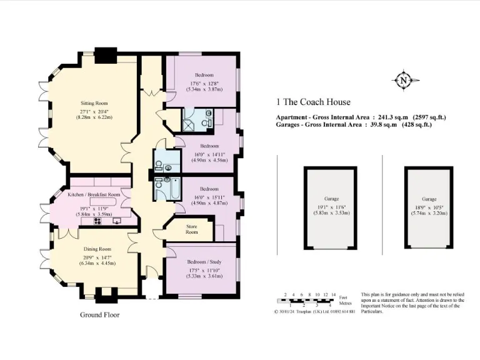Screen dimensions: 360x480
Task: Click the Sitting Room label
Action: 94,103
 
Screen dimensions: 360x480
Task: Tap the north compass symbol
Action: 403,80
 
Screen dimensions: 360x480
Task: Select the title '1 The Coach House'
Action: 313,102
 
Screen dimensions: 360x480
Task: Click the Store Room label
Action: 191,229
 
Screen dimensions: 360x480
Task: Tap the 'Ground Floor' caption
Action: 99,315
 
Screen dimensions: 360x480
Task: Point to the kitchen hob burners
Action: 98,221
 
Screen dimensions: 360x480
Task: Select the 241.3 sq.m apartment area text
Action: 361,117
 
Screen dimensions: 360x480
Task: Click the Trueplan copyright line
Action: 315,311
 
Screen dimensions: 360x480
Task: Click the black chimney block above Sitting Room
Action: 106,54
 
